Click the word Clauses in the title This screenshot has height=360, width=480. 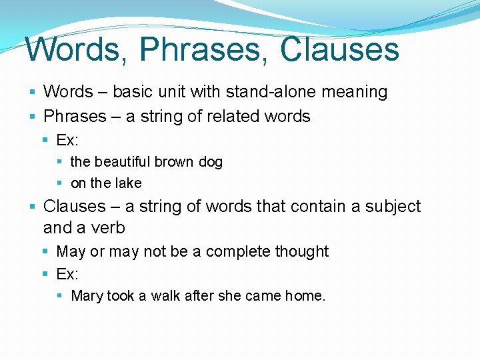pyautogui.click(x=339, y=49)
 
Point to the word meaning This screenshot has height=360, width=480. pyautogui.click(x=355, y=92)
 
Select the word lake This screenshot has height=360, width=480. pyautogui.click(x=128, y=183)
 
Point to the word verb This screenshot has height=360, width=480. pyautogui.click(x=109, y=227)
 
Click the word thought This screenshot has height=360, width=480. pyautogui.click(x=304, y=251)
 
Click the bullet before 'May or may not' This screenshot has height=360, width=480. pyautogui.click(x=45, y=251)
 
